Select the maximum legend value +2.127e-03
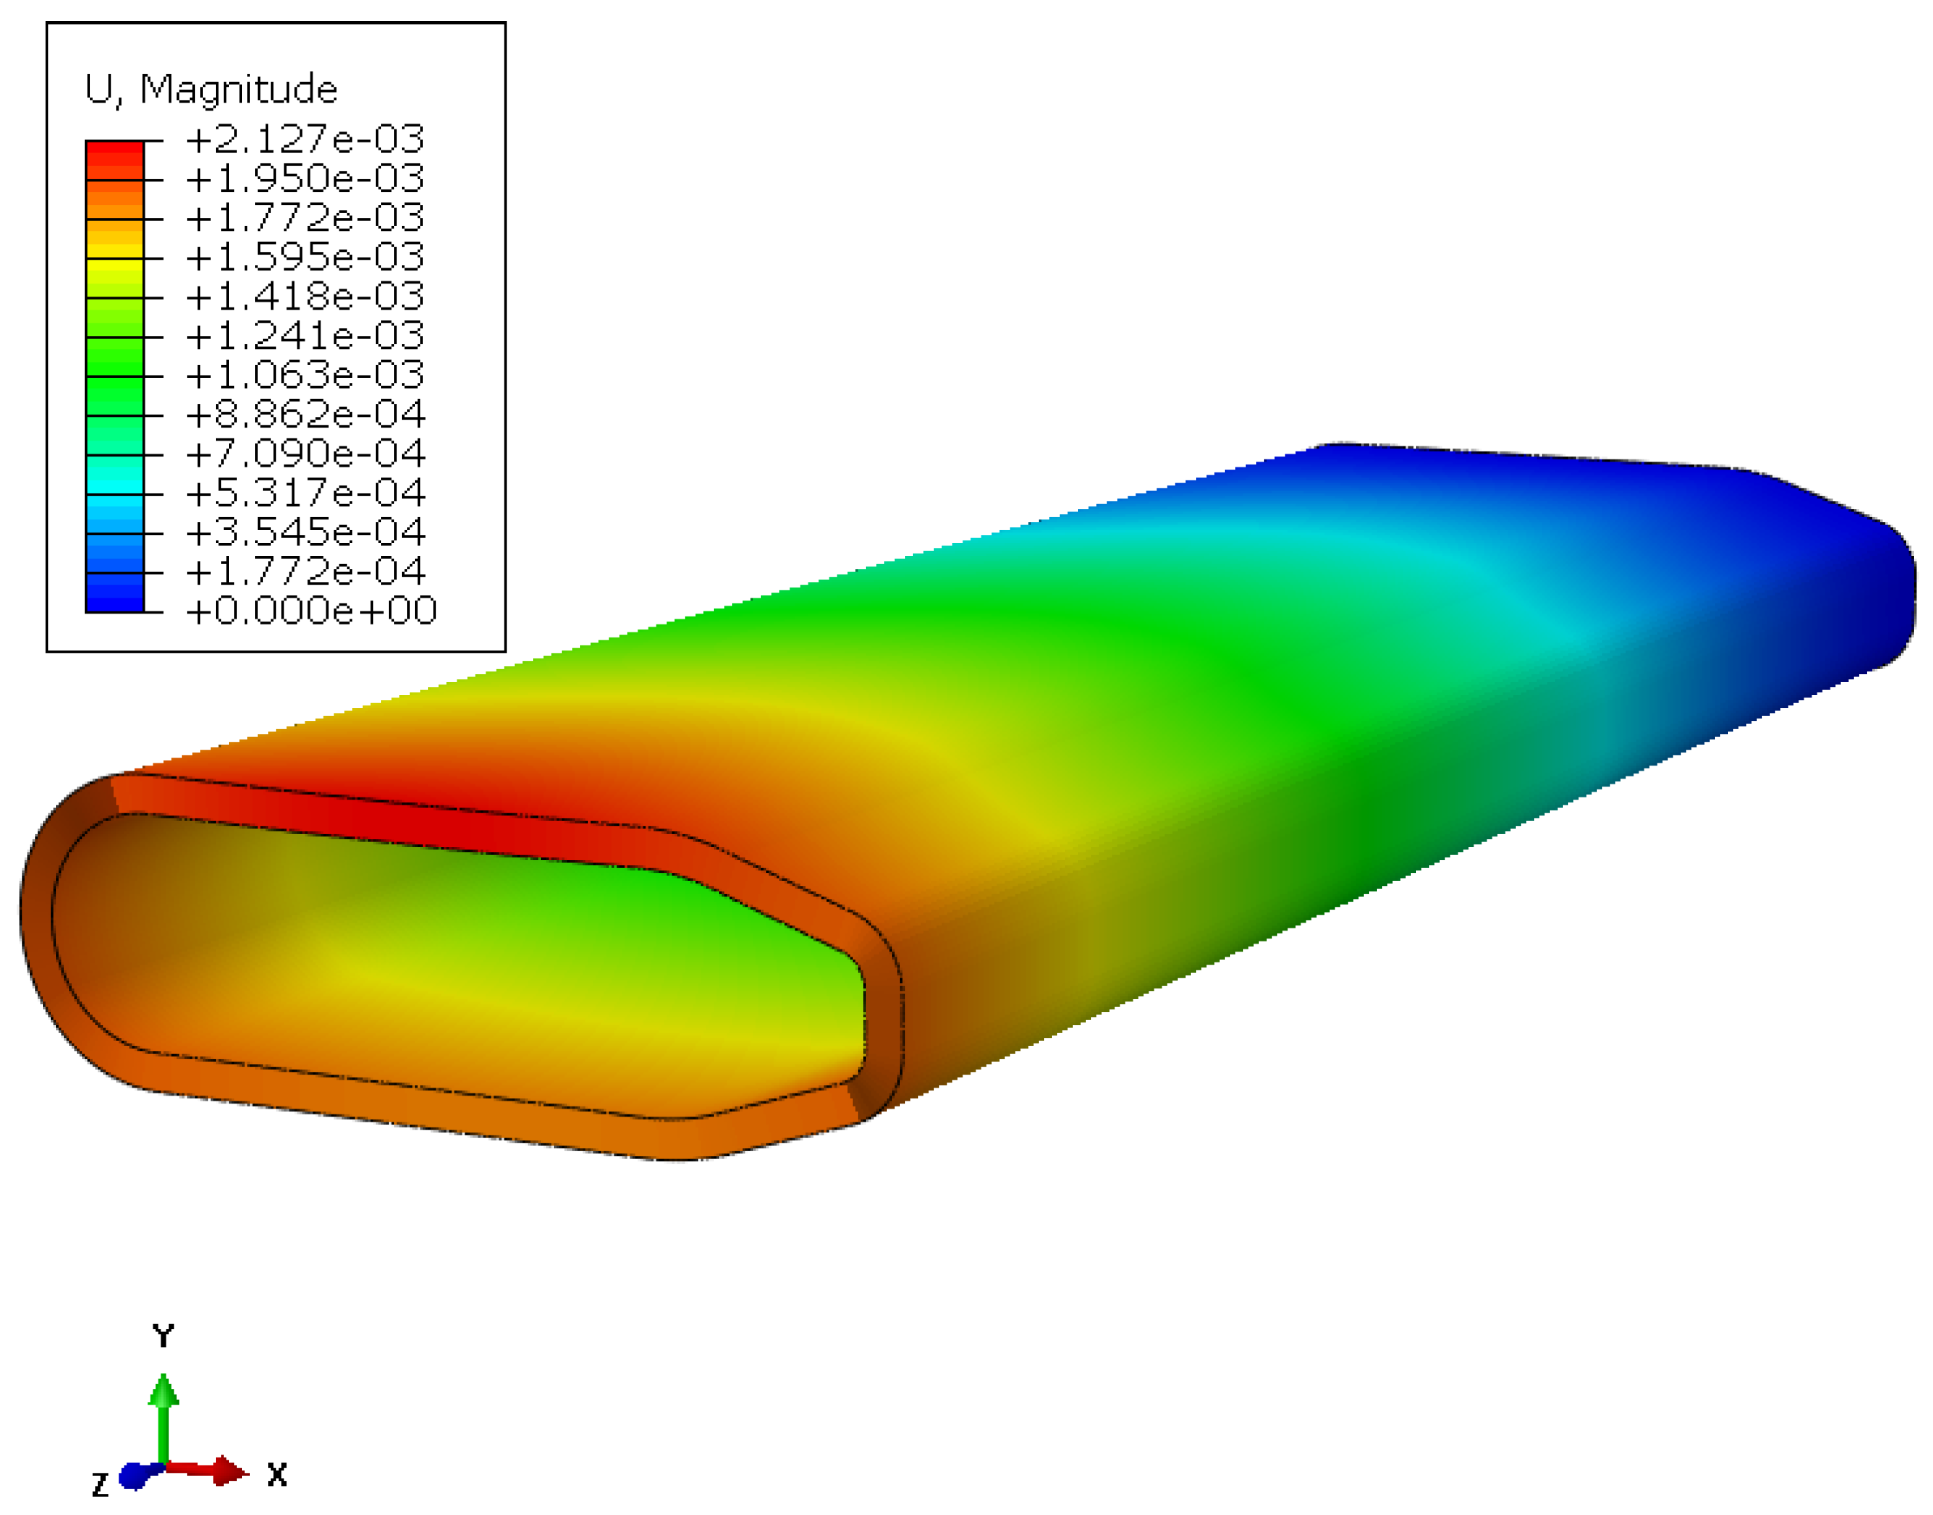(305, 140)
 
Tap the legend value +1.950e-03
(305, 178)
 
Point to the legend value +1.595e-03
(305, 257)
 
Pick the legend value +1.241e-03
(305, 335)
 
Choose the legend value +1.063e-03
(305, 375)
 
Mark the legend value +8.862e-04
(305, 414)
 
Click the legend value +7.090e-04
(305, 453)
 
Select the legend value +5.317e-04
(305, 492)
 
